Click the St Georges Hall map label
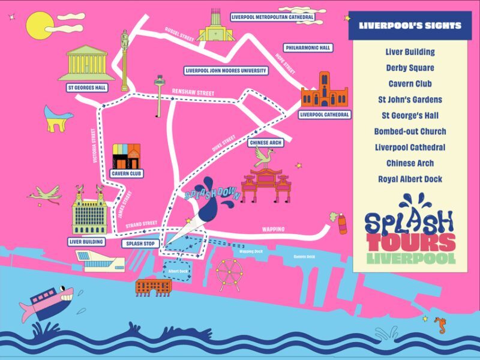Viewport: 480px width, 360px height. [86, 88]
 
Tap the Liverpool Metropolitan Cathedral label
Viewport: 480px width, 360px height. [272, 17]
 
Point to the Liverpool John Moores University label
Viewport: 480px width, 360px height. [226, 70]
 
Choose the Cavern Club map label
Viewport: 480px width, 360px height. [127, 174]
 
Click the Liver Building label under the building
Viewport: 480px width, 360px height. [87, 242]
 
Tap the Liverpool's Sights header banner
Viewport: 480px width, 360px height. [410, 26]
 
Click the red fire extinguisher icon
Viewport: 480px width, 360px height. [343, 223]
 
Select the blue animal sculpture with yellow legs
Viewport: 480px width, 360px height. [58, 118]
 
